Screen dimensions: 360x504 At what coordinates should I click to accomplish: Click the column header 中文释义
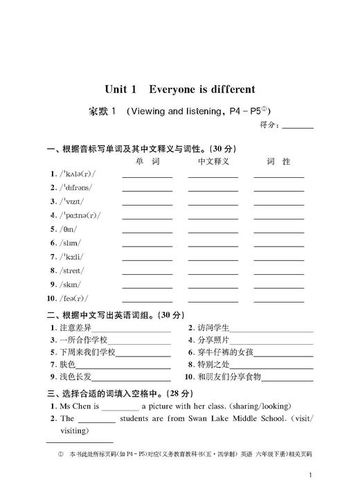click(x=213, y=161)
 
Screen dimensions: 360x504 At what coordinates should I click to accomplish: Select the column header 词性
click(x=278, y=161)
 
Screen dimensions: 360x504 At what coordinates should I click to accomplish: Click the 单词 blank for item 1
click(x=147, y=176)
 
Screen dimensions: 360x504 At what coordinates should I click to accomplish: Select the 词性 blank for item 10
click(x=278, y=300)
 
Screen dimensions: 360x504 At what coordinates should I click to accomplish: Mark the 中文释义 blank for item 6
click(x=213, y=244)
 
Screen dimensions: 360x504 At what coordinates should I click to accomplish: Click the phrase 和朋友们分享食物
click(x=229, y=377)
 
